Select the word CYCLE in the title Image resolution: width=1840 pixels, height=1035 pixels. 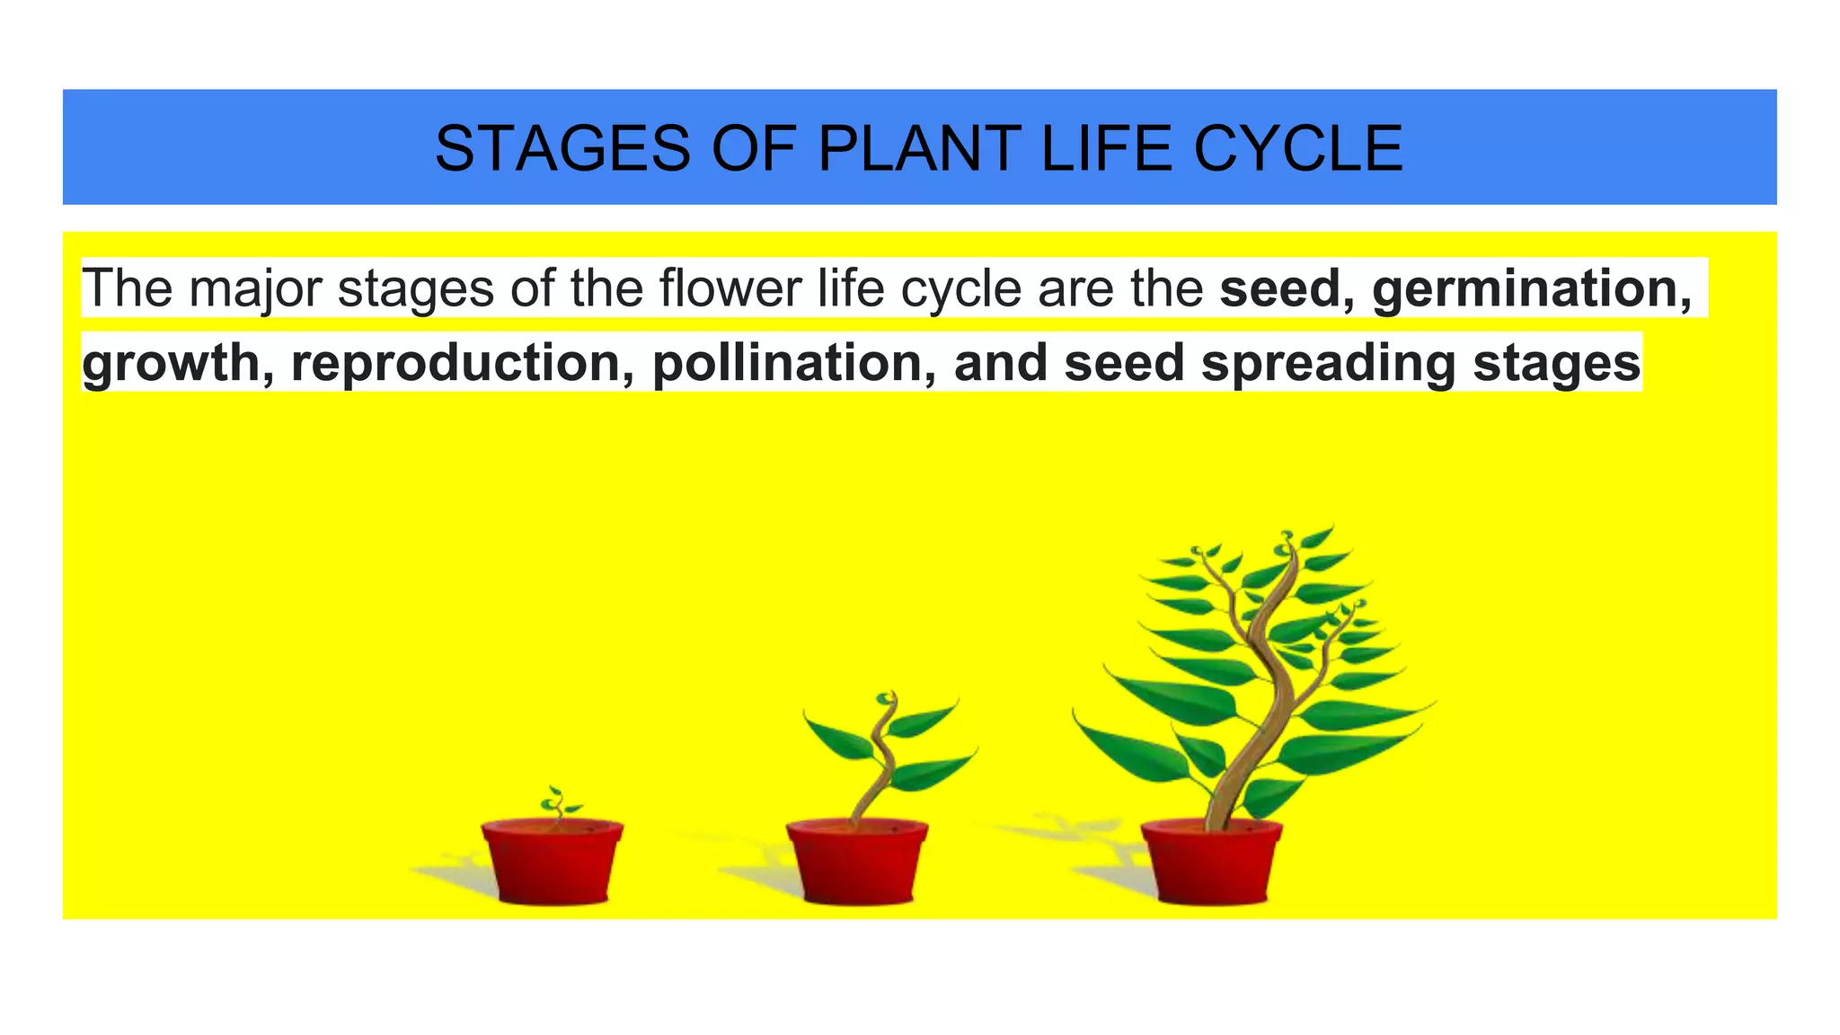(x=1297, y=148)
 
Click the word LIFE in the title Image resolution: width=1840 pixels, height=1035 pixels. (x=1107, y=148)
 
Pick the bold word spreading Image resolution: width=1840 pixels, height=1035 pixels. (x=1328, y=362)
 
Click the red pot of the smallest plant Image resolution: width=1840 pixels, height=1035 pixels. (x=552, y=862)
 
